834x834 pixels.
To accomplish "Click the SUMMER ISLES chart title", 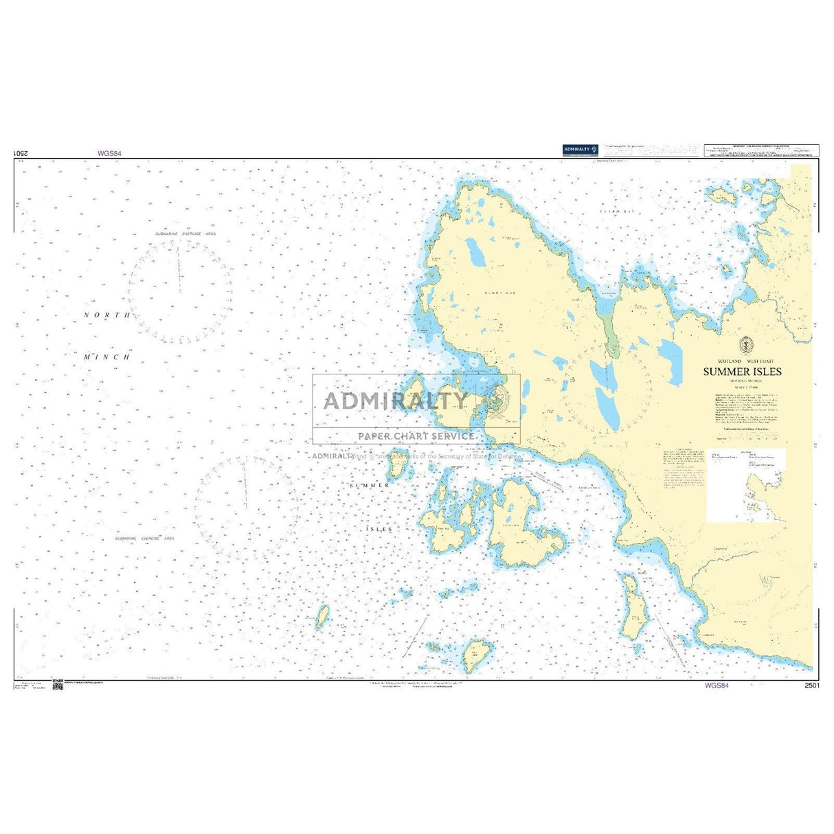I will [742, 372].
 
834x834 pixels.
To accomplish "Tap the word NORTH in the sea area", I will [106, 315].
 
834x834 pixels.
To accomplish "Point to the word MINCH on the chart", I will [106, 357].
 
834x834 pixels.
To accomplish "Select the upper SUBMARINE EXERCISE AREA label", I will [185, 234].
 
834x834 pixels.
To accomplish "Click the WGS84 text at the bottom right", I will [716, 686].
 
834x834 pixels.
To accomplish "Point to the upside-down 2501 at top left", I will [21, 154].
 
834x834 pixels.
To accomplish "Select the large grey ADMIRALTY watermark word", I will [396, 401].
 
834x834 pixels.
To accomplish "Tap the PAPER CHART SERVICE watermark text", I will [416, 436].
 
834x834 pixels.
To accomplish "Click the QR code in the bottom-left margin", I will [58, 685].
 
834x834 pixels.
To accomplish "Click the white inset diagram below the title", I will [745, 486].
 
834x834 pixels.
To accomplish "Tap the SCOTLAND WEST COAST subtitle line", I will [742, 361].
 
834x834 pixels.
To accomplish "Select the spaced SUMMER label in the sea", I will [370, 485].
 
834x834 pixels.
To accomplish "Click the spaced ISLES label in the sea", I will [379, 530].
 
